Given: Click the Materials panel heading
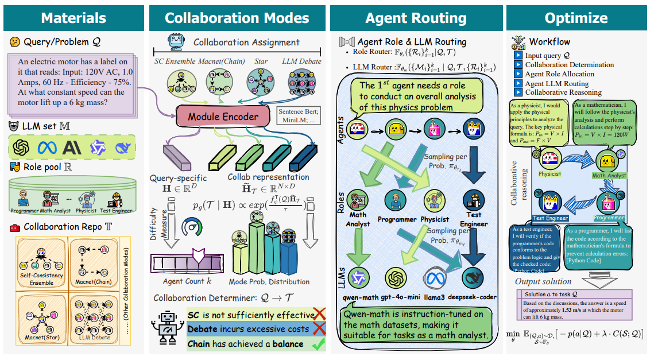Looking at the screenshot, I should pos(73,17).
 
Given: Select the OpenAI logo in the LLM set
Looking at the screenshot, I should pos(22,148).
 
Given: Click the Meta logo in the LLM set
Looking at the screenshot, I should pos(47,148).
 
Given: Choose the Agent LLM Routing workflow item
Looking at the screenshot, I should pos(557,83).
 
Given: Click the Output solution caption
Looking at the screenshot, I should pos(543,281).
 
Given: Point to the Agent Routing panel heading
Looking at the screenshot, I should pos(415,17).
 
